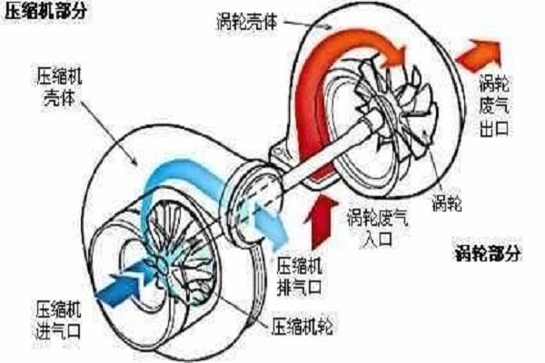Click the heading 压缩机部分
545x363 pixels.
point(46,11)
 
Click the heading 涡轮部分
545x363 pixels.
point(488,253)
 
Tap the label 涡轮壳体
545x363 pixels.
point(247,22)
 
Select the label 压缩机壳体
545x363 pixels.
point(59,87)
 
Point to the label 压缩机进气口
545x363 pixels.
point(58,320)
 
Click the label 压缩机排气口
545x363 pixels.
point(299,277)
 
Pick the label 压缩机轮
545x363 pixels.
point(302,327)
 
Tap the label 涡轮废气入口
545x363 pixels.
point(378,228)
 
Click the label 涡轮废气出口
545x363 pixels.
point(494,105)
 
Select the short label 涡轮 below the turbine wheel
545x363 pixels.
point(447,202)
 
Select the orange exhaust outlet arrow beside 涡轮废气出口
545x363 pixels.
point(479,55)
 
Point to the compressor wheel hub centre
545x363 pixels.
point(162,265)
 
